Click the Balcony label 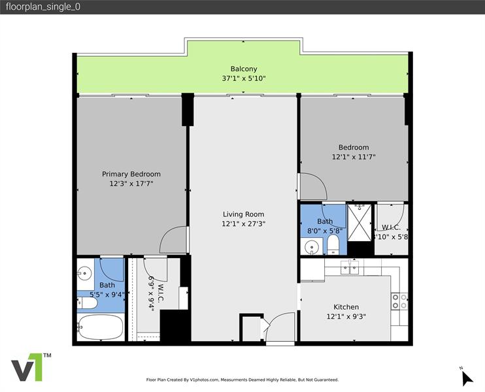click(243, 69)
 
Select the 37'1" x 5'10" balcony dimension click(243, 78)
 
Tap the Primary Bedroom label click(131, 174)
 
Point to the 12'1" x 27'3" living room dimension click(243, 223)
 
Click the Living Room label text click(243, 214)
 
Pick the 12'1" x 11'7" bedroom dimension click(354, 157)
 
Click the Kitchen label click(346, 307)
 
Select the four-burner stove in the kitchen click(399, 301)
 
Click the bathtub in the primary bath click(99, 327)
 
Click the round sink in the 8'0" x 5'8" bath click(312, 247)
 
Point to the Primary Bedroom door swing click(175, 240)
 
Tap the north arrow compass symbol click(466, 377)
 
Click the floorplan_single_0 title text click(38, 7)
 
